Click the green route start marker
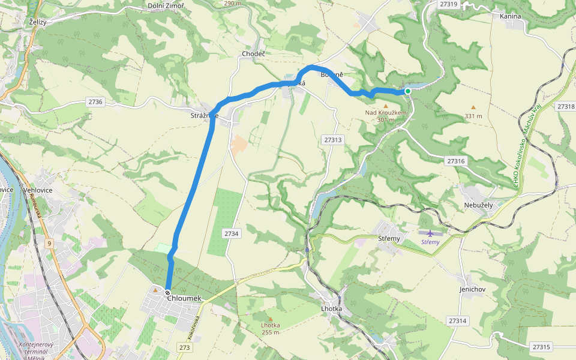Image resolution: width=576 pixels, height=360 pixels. (408, 91)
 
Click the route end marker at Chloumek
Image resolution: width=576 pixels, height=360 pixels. (167, 292)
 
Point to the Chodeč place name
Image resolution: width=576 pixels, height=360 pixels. (253, 54)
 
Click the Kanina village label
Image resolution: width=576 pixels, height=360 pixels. (510, 16)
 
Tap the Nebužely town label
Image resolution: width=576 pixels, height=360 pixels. (478, 205)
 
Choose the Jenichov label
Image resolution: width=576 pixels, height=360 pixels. (472, 289)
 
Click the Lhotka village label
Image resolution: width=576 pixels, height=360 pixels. (331, 308)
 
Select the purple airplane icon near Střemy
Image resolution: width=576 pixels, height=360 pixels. (430, 233)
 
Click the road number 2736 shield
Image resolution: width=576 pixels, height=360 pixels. (95, 102)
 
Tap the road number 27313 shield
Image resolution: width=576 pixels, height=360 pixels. (332, 140)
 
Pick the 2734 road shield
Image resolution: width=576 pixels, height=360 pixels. (231, 233)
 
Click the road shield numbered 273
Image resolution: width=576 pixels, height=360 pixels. (184, 347)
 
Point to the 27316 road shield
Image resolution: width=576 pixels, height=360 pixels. (457, 161)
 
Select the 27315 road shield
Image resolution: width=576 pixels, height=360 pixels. (541, 347)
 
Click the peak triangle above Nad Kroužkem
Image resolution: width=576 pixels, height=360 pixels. (386, 106)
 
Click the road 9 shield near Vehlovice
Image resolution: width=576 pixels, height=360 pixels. (48, 244)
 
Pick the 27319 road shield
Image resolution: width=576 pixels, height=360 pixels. (448, 4)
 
